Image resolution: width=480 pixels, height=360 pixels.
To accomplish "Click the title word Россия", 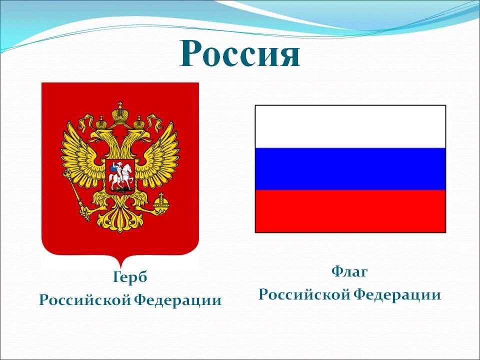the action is coord(239,54).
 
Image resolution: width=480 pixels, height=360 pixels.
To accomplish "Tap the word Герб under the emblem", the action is coord(130,277).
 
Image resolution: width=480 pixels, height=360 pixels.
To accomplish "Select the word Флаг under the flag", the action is coord(349,271).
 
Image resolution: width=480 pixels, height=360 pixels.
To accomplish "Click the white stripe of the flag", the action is coord(350,126).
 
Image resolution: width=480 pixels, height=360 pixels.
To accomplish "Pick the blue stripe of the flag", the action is coord(350,169).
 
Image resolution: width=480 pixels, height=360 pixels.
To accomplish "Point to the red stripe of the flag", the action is coord(350,211).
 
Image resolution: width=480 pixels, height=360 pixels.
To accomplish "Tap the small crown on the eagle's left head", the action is coord(101,122).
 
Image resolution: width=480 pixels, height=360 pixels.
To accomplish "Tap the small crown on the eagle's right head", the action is coord(138,122).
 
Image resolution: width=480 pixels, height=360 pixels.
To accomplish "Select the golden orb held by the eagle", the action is coord(160,202).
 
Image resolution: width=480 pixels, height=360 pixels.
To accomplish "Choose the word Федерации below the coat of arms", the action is coord(178,300).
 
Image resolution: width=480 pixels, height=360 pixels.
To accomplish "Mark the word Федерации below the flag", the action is coord(397,295).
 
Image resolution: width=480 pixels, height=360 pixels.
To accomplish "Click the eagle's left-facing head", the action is coord(101,135).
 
